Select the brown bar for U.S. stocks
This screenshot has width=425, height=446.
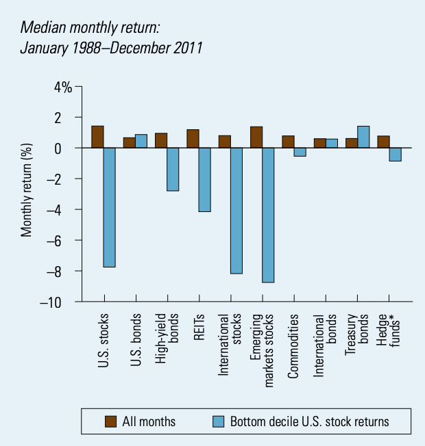[97, 137]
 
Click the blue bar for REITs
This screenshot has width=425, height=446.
[205, 180]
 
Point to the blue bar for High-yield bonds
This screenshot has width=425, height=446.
[173, 169]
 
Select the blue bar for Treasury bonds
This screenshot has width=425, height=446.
[363, 137]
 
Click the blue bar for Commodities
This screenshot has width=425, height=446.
[300, 152]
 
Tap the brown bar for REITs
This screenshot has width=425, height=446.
[193, 139]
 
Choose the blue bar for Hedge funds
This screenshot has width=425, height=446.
[395, 154]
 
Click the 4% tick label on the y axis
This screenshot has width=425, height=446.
[63, 87]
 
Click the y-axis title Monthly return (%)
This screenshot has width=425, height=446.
[27, 196]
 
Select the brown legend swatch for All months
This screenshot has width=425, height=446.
[109, 421]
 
